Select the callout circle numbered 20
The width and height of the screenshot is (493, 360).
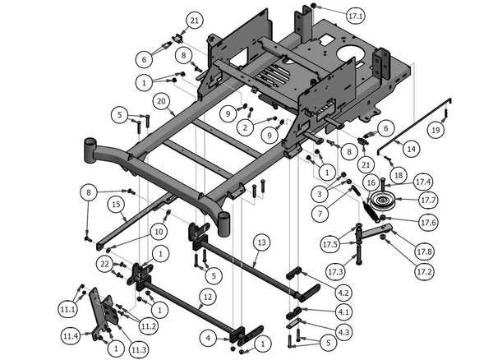[162, 102]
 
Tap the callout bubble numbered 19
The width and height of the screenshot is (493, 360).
[435, 130]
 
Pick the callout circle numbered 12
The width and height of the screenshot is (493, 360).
[208, 296]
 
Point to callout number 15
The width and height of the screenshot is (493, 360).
[116, 203]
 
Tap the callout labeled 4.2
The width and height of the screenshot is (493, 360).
[343, 292]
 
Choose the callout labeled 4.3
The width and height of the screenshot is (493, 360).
[343, 331]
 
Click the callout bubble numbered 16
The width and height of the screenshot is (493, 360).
[370, 182]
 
